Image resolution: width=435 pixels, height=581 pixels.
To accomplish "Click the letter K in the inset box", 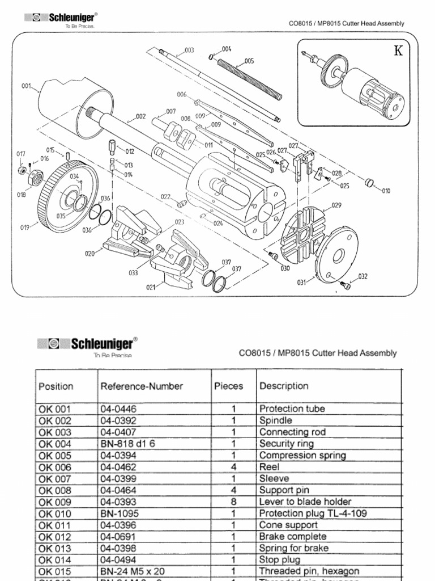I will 399,51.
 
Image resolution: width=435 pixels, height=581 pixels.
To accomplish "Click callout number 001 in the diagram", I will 26,86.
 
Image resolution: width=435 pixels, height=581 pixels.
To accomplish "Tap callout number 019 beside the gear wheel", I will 25,228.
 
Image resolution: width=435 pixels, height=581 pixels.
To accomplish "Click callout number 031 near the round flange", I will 301,282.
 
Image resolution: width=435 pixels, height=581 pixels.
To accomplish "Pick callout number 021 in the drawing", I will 150,287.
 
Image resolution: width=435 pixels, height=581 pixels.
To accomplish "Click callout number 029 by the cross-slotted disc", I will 336,205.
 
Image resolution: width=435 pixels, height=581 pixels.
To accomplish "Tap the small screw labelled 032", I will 344,285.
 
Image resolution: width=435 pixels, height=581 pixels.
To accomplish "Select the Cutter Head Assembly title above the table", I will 318,353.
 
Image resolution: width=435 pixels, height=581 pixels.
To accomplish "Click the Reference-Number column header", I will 142,386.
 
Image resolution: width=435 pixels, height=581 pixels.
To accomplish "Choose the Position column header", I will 56,386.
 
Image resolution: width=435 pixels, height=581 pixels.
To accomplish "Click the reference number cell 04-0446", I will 118,409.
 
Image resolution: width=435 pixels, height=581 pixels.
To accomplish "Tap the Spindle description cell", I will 276,420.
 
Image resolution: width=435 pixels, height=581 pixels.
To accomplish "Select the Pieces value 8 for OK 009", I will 233,502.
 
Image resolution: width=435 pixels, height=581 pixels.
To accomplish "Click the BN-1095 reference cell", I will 117,513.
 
